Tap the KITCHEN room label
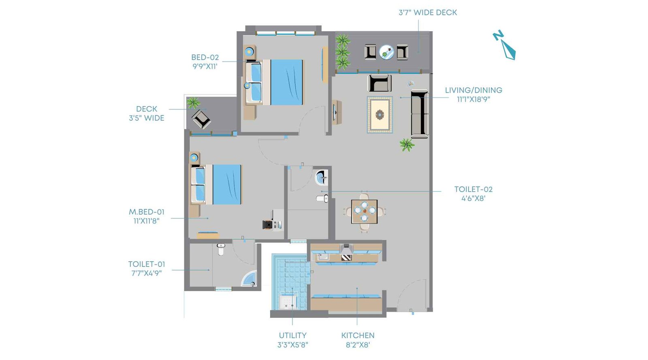coord(358,335)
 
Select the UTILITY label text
coord(292,335)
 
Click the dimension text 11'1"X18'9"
coord(473,100)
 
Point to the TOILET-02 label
coord(473,189)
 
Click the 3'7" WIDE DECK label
coord(428,13)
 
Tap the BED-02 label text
coord(205,58)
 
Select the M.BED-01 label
coord(147,212)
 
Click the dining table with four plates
coord(364,211)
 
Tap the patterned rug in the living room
coord(379,115)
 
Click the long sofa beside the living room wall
coord(419,114)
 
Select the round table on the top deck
coord(386,52)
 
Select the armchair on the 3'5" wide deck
coord(201,119)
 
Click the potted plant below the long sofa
coord(406,145)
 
